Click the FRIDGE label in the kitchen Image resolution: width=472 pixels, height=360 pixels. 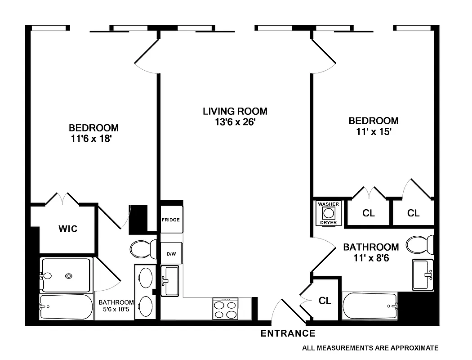point(171,220)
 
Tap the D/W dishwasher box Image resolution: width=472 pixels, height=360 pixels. point(171,254)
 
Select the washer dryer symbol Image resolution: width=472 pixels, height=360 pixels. point(329,213)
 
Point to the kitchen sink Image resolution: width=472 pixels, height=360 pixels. point(170,281)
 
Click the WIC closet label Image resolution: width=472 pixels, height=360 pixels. point(68,229)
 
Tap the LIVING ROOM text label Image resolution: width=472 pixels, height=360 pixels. point(235,111)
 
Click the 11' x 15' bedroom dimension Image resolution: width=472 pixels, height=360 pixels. point(374,132)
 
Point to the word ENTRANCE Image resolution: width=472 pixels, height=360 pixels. point(288,333)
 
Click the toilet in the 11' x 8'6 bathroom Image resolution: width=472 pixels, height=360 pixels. point(420,245)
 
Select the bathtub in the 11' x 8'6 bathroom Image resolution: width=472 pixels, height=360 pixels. point(370,306)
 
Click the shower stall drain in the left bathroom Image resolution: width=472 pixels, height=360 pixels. point(69,276)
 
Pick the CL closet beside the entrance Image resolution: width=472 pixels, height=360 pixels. point(325,300)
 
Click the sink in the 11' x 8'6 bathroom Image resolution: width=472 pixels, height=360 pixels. point(423,274)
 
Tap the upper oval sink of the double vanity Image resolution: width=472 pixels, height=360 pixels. point(145,278)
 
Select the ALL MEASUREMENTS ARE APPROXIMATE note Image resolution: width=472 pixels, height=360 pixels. point(370,347)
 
